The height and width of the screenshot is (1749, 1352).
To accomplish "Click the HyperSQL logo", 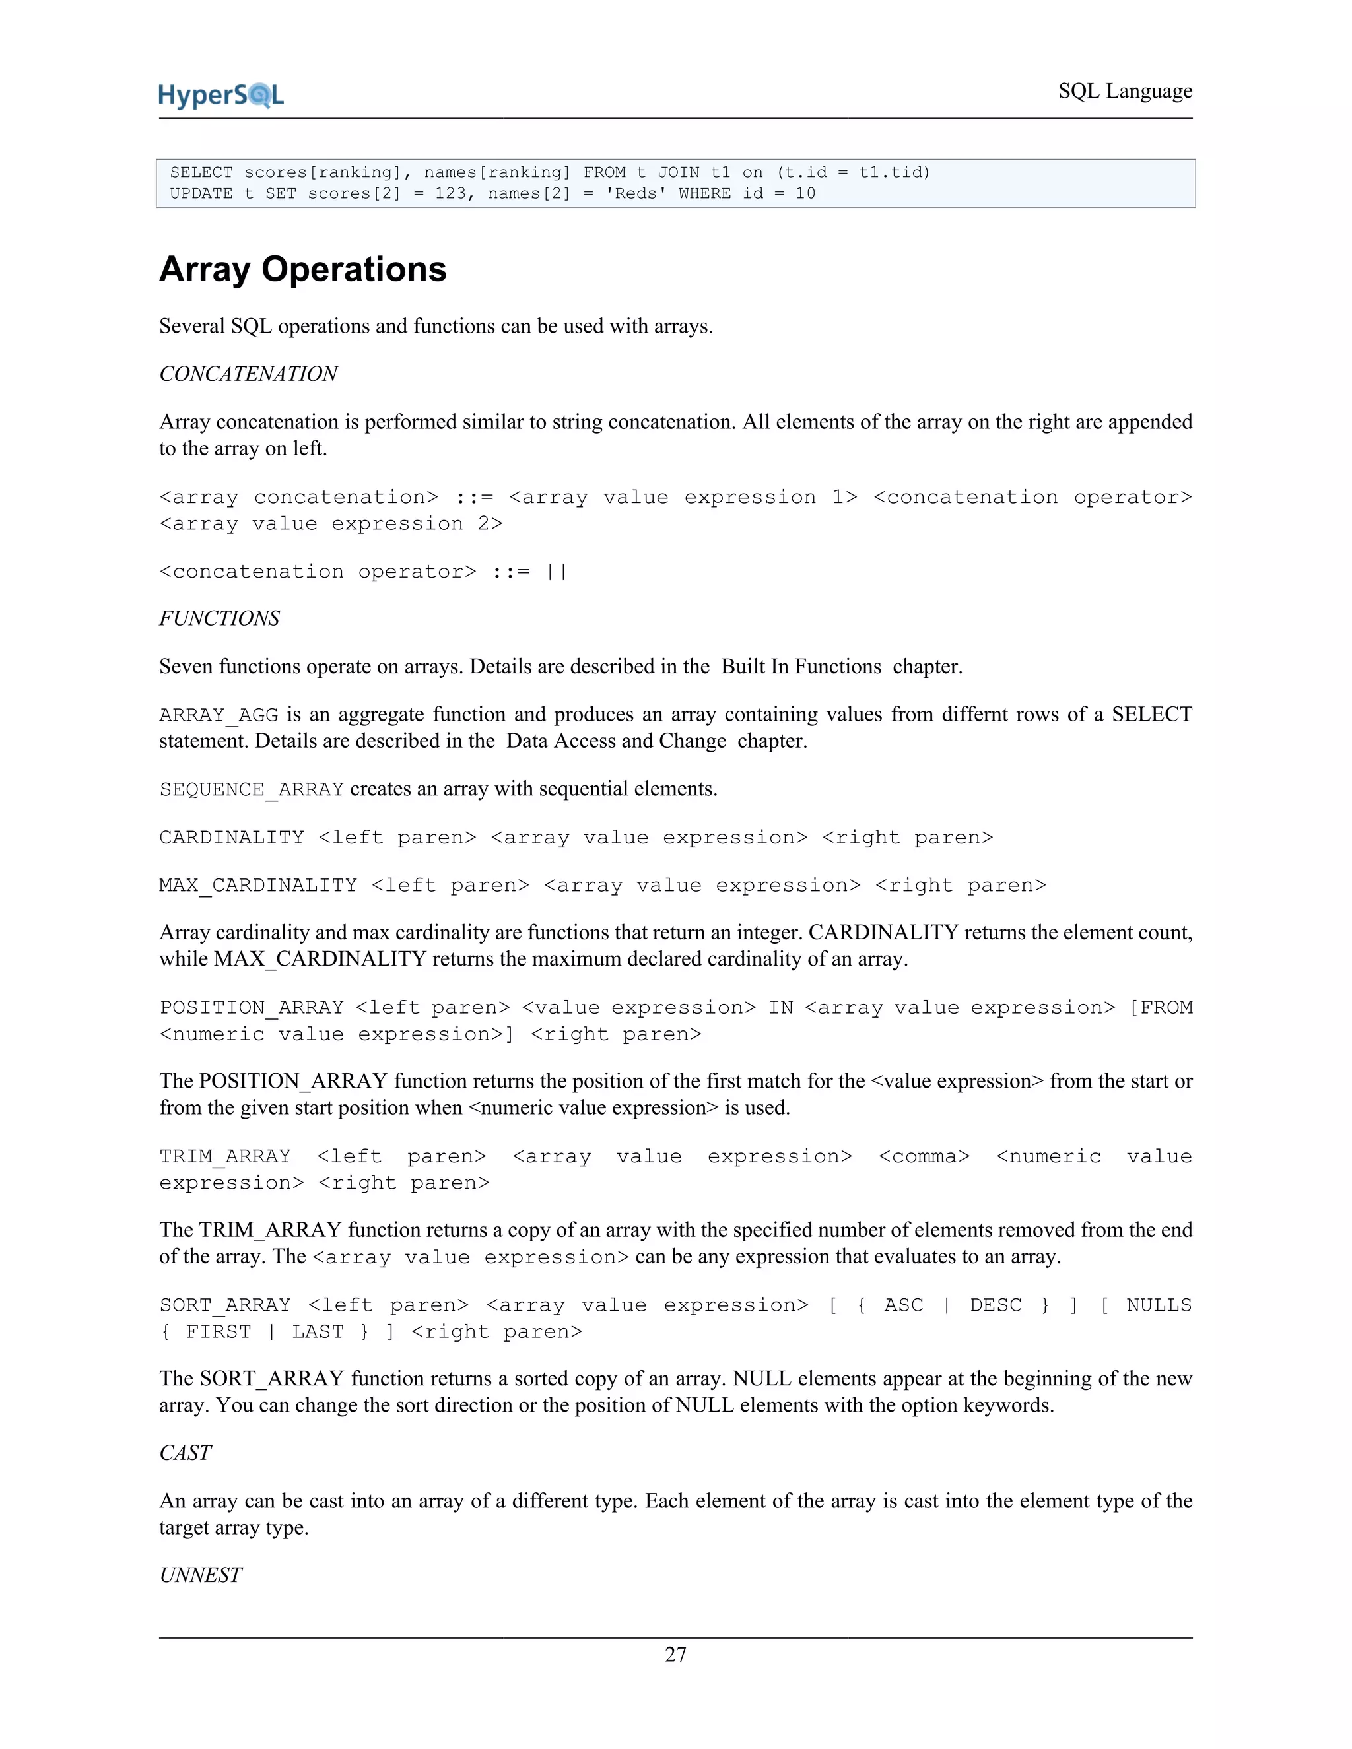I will (x=221, y=95).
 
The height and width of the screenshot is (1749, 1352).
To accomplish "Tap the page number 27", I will (x=675, y=1654).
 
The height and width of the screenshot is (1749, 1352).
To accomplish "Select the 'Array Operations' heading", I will (x=303, y=269).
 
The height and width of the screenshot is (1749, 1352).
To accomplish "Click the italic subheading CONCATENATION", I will (x=248, y=374).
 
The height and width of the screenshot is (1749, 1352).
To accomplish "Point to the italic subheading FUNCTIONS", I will (x=219, y=618).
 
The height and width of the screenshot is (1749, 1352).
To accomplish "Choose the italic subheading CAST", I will (x=185, y=1453).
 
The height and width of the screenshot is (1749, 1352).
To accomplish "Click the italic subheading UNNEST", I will (x=200, y=1575).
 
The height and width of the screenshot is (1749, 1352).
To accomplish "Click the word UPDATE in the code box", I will (x=201, y=194).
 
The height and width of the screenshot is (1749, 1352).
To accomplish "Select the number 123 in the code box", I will (x=450, y=194).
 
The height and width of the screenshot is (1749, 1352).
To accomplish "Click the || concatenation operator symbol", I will (x=556, y=572).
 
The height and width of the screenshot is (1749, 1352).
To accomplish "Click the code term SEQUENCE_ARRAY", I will (x=252, y=789).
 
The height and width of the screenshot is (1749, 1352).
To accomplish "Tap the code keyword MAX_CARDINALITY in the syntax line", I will (x=258, y=886).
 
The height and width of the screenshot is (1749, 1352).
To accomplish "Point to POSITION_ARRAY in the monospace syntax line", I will (x=252, y=1007).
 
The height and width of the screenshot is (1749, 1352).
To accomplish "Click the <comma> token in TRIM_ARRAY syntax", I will (x=924, y=1156).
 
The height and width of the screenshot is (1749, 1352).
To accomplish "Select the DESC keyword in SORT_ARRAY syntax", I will (x=996, y=1305).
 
